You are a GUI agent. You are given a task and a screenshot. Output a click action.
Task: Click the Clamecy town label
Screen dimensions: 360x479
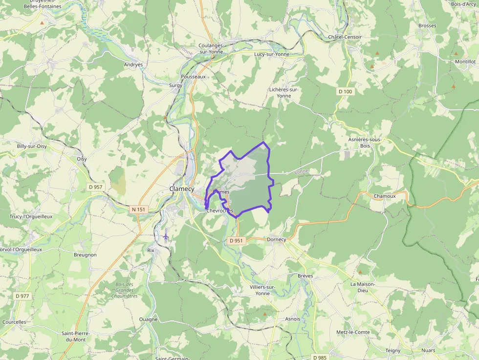click(x=182, y=189)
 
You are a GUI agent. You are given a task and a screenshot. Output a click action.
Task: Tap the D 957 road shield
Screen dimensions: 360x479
click(x=96, y=187)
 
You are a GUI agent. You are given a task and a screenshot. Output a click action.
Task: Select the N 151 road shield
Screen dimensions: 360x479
click(x=139, y=210)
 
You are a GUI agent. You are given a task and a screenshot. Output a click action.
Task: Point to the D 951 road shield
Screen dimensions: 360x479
click(x=236, y=240)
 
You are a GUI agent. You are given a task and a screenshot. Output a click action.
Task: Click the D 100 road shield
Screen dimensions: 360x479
click(x=345, y=91)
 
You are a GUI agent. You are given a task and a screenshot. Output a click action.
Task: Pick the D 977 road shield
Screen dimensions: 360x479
click(x=22, y=296)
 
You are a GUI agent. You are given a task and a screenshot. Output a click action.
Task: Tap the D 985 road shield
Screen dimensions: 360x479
click(x=319, y=357)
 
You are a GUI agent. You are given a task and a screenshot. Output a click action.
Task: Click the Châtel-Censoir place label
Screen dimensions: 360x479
click(x=345, y=37)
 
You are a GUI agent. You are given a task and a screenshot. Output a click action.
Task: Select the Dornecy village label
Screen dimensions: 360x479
click(x=276, y=239)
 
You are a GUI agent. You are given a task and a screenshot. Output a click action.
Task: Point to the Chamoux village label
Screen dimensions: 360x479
click(x=384, y=196)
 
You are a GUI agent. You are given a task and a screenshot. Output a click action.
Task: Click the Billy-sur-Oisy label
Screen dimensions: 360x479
click(x=32, y=146)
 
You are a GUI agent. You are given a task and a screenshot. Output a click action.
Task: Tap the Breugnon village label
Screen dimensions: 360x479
click(x=85, y=255)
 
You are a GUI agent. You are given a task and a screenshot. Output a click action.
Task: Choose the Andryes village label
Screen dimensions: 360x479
click(x=133, y=64)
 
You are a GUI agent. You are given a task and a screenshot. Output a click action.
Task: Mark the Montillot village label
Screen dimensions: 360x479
click(x=465, y=62)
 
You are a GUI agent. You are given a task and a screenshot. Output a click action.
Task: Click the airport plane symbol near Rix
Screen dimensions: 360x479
click(x=166, y=236)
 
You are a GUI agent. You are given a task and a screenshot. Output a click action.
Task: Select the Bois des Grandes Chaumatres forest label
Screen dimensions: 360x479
click(x=124, y=290)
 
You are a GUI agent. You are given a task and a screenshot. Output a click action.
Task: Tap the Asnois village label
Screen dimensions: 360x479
click(x=292, y=319)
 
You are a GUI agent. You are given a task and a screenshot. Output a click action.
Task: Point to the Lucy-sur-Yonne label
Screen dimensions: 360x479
click(x=272, y=54)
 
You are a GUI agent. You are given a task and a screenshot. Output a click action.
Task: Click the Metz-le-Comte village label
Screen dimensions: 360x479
click(x=353, y=332)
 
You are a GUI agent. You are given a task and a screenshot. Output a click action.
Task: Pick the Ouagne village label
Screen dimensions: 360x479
click(x=149, y=319)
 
